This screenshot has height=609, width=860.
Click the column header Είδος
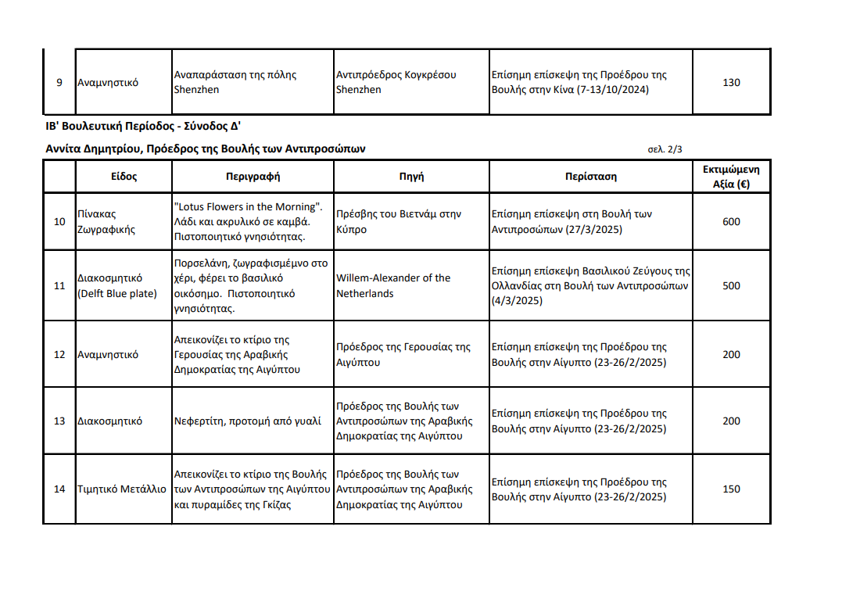124,177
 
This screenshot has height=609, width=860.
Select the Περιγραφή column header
253,177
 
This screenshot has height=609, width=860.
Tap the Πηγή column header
411,177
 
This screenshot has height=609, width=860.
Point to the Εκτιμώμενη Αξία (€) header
730,177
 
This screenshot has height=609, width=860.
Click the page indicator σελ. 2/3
665,149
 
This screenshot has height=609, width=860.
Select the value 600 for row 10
731,222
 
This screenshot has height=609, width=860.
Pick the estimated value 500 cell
731,286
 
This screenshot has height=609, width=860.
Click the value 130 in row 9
731,83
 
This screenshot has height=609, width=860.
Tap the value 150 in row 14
731,489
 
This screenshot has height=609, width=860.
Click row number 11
59,286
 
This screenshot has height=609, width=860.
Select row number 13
59,421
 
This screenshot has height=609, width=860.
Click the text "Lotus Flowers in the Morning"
247,207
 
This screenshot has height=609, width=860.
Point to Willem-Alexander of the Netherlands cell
393,286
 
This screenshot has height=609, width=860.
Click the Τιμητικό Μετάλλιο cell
122,489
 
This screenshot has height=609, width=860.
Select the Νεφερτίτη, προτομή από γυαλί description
247,421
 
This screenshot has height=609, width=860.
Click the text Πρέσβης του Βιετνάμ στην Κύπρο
398,222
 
